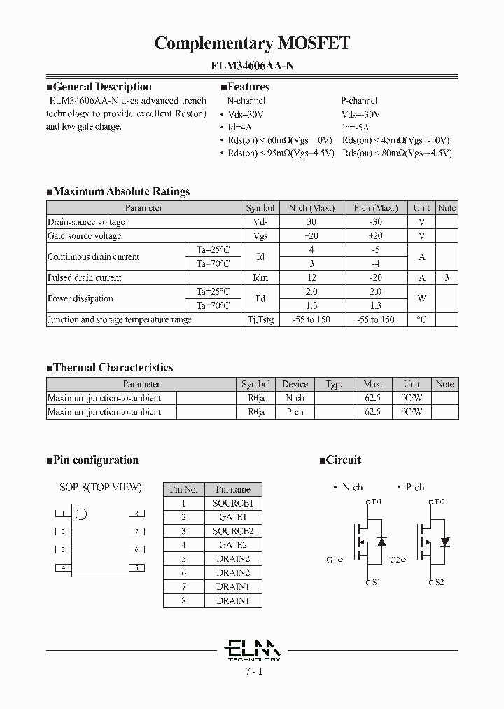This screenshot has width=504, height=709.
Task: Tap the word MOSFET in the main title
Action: [x=313, y=43]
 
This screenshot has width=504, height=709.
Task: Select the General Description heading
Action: [x=102, y=87]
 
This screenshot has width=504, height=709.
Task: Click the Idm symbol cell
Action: [x=260, y=277]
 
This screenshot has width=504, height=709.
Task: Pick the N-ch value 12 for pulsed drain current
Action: [x=311, y=277]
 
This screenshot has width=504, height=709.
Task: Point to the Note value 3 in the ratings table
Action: [x=447, y=277]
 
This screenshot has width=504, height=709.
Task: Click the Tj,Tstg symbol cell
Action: [x=260, y=319]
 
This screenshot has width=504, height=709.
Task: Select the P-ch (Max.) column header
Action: [x=375, y=208]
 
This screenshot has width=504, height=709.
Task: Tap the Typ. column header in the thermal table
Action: [x=334, y=384]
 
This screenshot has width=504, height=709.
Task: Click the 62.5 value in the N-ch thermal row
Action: [x=372, y=398]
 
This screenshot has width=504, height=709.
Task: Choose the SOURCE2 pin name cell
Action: [x=232, y=531]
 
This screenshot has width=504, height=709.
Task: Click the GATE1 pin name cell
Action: [x=232, y=517]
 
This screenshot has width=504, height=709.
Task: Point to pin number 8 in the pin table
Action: [x=183, y=601]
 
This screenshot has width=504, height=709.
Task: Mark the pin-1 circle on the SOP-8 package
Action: [x=81, y=514]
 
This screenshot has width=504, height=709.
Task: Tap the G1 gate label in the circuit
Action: [x=332, y=560]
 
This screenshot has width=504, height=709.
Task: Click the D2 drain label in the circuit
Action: [x=440, y=502]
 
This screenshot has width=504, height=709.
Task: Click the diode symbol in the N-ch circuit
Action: [x=381, y=542]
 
